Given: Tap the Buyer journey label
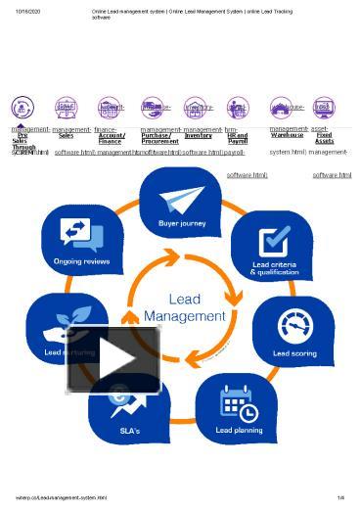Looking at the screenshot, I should (182, 222).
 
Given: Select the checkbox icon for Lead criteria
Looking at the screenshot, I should (273, 241).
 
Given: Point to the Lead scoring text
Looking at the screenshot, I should (294, 353).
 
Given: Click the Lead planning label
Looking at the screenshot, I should (238, 430).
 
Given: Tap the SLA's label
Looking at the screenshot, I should (129, 431).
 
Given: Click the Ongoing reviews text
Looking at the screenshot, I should (82, 261).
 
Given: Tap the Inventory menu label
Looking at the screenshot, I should (198, 135).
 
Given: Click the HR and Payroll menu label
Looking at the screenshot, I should (237, 138).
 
